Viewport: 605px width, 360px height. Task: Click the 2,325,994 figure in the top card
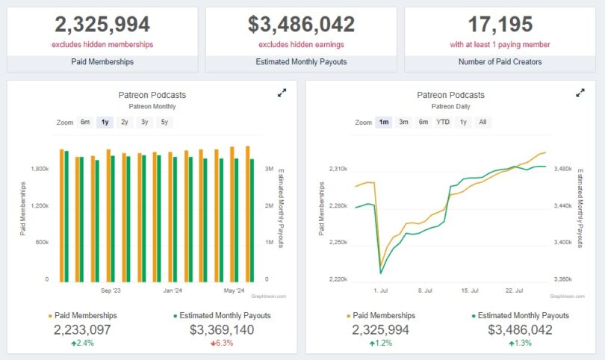pos(102,25)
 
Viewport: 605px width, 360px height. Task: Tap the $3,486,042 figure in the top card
pos(301,25)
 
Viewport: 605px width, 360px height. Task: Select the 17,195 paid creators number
pos(501,25)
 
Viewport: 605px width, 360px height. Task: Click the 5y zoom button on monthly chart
pos(164,122)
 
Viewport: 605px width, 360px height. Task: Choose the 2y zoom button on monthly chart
pos(125,122)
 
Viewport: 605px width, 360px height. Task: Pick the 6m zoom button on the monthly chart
pos(85,122)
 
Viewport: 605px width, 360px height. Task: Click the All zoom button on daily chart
pos(483,122)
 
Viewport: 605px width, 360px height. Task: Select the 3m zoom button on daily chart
pos(403,122)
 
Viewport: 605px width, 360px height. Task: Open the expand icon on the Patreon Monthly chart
pos(282,93)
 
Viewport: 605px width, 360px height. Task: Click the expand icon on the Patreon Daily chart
pos(580,93)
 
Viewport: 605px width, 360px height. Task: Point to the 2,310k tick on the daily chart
pos(338,170)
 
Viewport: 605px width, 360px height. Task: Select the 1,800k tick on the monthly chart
pos(39,170)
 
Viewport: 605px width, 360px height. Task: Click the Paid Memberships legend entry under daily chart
pos(381,316)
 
